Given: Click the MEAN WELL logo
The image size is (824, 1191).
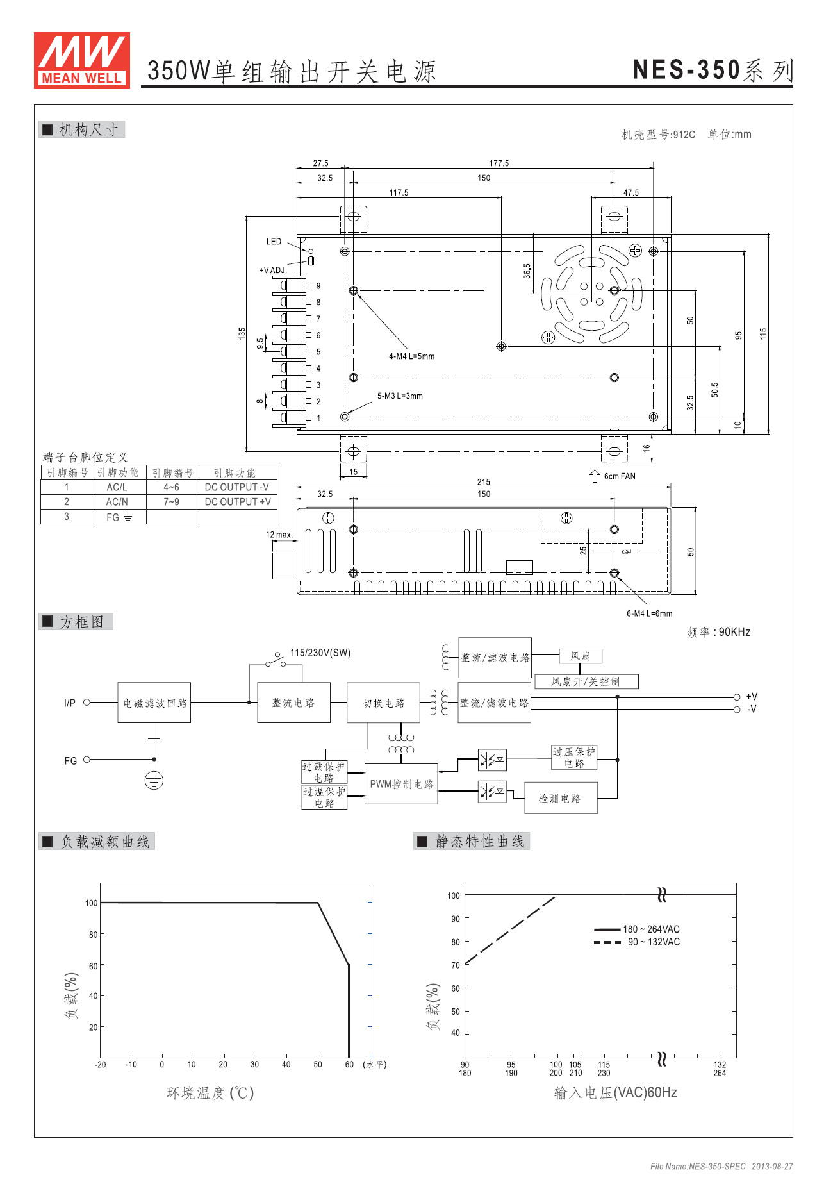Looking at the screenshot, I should click(x=82, y=60).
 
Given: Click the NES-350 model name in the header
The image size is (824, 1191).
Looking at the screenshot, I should click(x=686, y=70).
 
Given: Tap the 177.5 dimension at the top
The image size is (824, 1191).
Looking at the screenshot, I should click(x=499, y=163).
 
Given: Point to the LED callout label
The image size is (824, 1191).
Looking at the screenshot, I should click(x=274, y=242).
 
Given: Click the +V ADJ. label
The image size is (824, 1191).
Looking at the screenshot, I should click(x=273, y=270).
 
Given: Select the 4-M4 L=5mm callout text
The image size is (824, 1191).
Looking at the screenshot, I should click(x=411, y=356).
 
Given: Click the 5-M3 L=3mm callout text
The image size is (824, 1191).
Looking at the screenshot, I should click(x=400, y=396).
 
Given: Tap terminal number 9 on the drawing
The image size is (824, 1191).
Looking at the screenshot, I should click(x=318, y=286).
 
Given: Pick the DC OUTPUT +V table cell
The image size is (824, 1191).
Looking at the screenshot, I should click(x=238, y=502).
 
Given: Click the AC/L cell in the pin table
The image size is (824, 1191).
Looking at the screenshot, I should click(x=117, y=487).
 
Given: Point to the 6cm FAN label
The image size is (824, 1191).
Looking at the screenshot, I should click(x=619, y=476).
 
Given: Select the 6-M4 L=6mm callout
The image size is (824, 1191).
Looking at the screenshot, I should click(x=649, y=613).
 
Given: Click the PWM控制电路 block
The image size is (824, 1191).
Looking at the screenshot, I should click(x=401, y=784).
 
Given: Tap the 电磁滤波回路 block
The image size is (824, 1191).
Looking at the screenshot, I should click(x=154, y=703).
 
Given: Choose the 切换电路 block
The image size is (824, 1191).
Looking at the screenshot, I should click(x=383, y=703).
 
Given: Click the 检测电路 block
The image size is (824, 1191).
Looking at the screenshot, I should click(x=560, y=798).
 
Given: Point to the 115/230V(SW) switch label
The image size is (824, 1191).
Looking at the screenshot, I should click(x=320, y=653).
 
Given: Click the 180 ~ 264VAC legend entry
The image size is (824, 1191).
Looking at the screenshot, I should click(x=650, y=929).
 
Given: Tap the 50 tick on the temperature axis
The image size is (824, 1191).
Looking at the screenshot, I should click(x=318, y=1065).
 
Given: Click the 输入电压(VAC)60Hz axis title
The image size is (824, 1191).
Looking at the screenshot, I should click(x=615, y=1093).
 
